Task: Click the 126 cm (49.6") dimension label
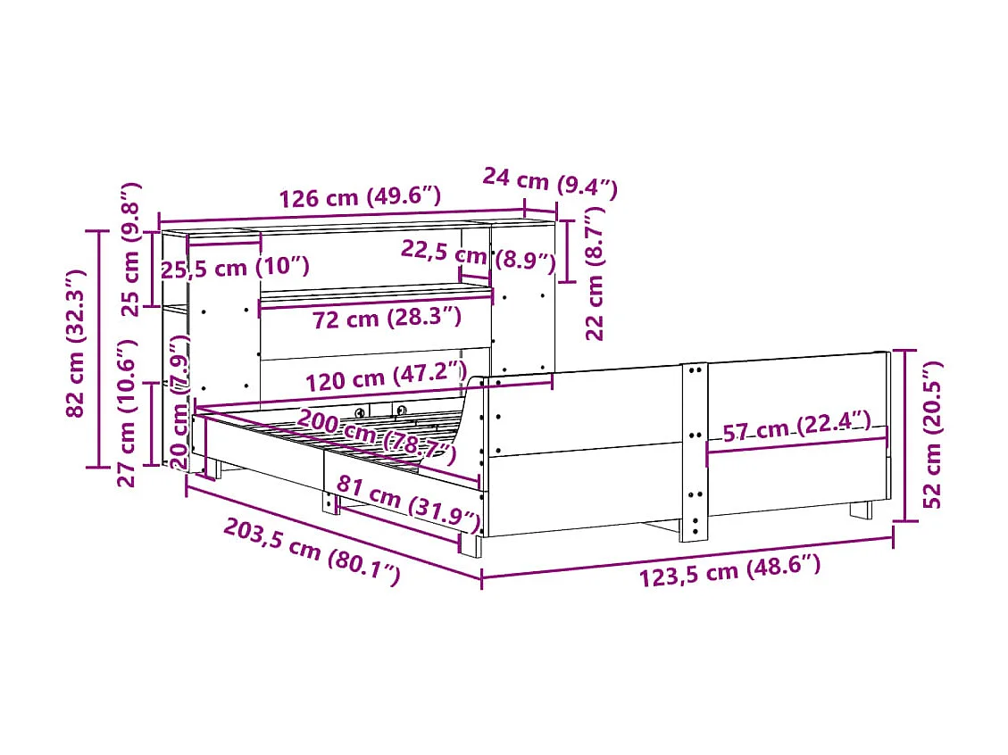pos(360,198)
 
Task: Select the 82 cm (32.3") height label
pos(78,343)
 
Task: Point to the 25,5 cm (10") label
pos(235,267)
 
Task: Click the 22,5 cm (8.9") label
pos(478,256)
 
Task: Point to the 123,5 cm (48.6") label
pos(729,569)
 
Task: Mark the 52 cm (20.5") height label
pos(931,435)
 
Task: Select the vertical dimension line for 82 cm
pos(97,348)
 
